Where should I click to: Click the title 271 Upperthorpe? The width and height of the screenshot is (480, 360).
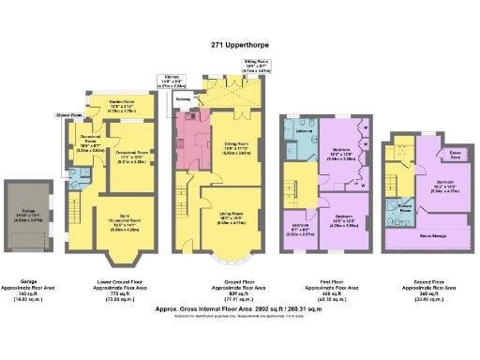(x=240, y=42)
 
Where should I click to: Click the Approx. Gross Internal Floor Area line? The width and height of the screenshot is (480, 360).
(x=240, y=306)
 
